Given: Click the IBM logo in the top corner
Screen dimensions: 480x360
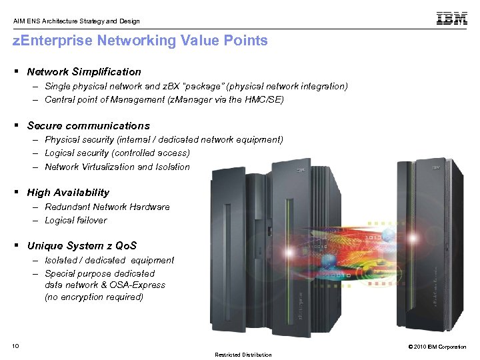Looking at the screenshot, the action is [x=451, y=19].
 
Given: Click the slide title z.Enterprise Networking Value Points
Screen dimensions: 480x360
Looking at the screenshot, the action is [x=141, y=41].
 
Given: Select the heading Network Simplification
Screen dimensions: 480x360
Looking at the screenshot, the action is [x=84, y=71].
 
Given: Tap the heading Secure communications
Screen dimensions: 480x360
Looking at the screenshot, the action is [x=88, y=125].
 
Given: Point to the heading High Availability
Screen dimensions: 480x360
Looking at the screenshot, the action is [x=68, y=192].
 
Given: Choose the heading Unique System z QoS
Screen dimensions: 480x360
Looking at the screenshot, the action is [x=81, y=245].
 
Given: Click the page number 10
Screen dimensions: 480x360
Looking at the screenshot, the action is [x=16, y=345].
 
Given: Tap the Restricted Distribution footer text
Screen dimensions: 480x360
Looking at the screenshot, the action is [x=243, y=355].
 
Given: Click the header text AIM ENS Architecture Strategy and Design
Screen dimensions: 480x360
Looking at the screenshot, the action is [x=77, y=21].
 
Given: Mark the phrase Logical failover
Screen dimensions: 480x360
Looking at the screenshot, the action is [x=75, y=220].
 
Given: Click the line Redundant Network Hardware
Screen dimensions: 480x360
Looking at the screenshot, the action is [x=107, y=207].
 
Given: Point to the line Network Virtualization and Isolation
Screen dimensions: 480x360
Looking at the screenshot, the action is [x=117, y=167].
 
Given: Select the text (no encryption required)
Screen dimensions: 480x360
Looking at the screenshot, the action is [x=94, y=297].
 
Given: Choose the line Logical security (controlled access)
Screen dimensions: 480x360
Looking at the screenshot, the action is [x=117, y=153].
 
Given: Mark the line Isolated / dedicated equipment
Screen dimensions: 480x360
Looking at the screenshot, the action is [x=109, y=260].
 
